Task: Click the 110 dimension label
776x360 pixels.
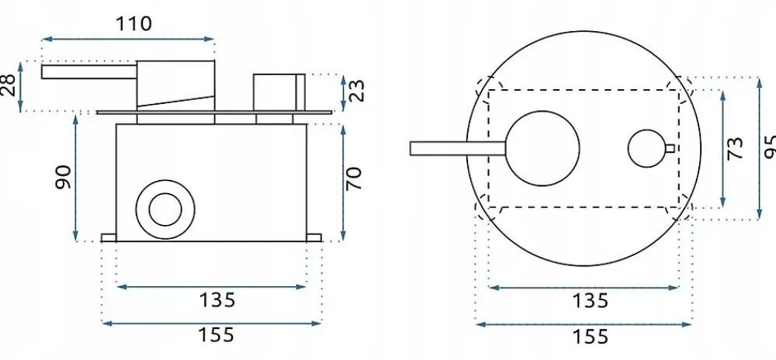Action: [133, 24]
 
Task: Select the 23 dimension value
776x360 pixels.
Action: [357, 91]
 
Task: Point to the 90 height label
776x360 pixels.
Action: [63, 177]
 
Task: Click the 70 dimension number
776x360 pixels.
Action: [355, 178]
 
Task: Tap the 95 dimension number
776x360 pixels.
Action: [770, 147]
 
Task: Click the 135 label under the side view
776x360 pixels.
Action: [217, 299]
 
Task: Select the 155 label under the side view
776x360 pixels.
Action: [216, 335]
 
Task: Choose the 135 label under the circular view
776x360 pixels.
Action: [590, 301]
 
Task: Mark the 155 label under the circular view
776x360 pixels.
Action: [590, 337]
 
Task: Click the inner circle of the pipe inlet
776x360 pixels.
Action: [165, 209]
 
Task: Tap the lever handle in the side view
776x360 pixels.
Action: [89, 71]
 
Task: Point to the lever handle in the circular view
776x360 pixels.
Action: [459, 148]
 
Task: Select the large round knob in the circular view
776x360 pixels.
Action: [543, 148]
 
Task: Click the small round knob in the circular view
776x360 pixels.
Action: [647, 148]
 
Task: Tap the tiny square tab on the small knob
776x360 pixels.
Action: [670, 148]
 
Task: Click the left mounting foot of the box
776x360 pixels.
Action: [109, 238]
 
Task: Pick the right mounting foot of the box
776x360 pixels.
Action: [314, 238]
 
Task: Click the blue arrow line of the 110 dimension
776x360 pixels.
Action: [128, 39]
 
